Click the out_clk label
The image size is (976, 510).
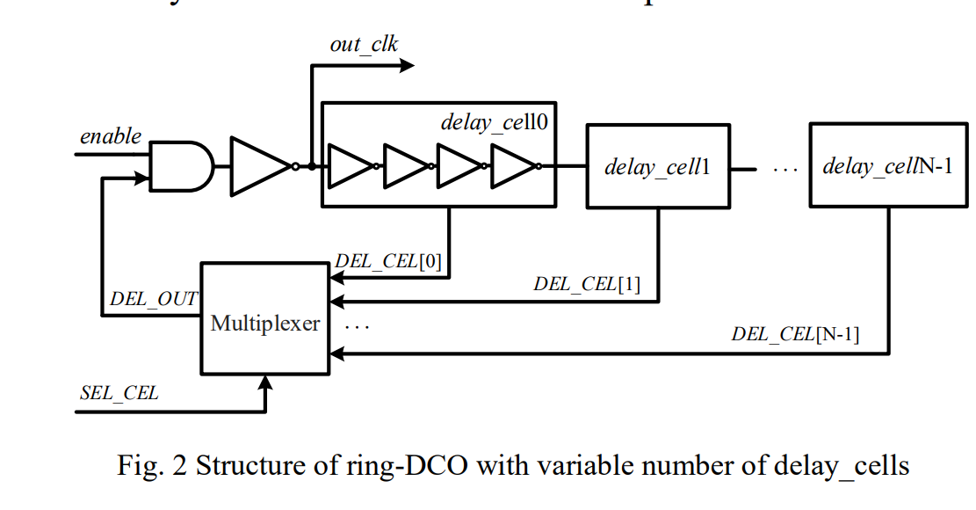364,44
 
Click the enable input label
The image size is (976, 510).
111,136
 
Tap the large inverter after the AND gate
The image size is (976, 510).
261,166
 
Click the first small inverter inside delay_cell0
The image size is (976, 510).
350,166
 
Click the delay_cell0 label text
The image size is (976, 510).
494,122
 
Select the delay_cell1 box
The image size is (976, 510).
658,165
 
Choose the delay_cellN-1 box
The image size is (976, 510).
887,165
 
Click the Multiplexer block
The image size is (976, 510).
265,324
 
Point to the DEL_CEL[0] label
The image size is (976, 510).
388,263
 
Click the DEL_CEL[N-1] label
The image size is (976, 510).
795,334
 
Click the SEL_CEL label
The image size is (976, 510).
119,393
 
